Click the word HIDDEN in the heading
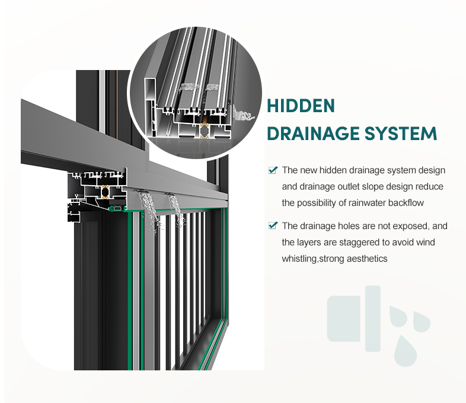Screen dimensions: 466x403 (x=301, y=106)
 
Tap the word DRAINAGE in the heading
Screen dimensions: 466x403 (x=314, y=133)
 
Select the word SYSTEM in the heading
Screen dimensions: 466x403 (x=401, y=133)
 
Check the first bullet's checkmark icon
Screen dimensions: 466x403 (x=273, y=170)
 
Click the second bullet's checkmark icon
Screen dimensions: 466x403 (x=273, y=226)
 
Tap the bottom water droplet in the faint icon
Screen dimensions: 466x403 (x=406, y=351)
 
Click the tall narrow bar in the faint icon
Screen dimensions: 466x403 (x=373, y=319)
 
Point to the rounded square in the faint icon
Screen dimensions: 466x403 (x=344, y=319)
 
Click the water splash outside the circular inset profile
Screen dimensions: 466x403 (x=243, y=114)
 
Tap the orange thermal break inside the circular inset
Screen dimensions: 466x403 (x=205, y=130)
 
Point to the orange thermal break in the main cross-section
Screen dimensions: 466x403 (x=105, y=192)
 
